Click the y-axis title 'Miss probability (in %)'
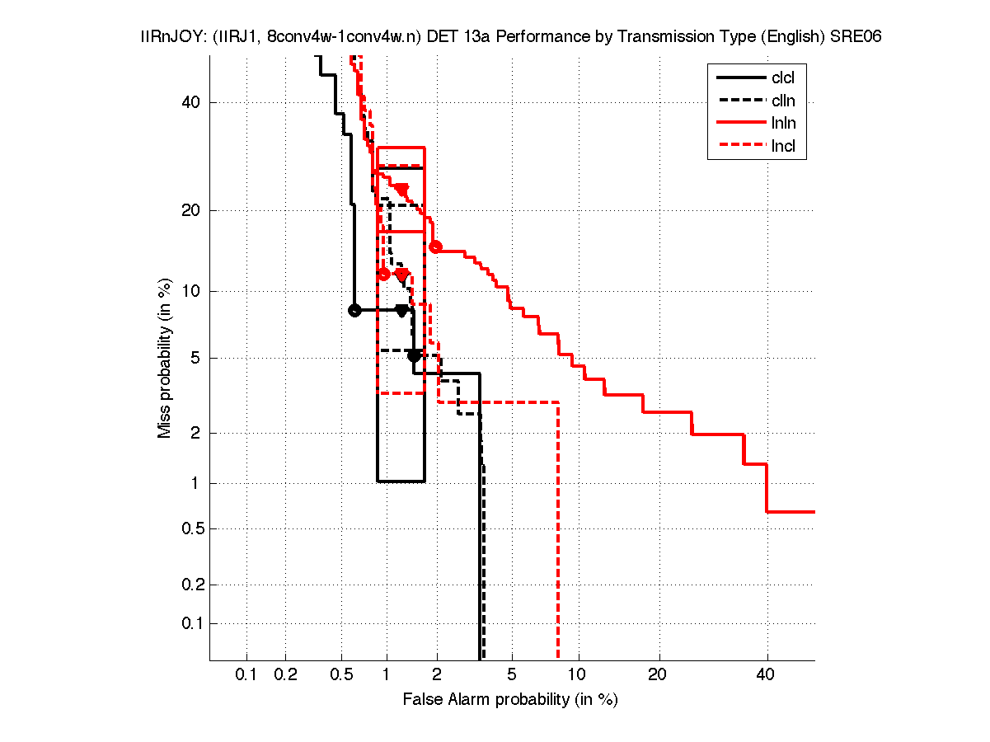(165, 358)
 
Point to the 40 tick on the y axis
(192, 102)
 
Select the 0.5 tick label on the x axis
(341, 675)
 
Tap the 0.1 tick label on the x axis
(246, 675)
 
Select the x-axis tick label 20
(656, 675)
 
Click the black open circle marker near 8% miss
(354, 310)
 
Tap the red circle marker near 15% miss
(436, 247)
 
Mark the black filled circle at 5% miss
(414, 355)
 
